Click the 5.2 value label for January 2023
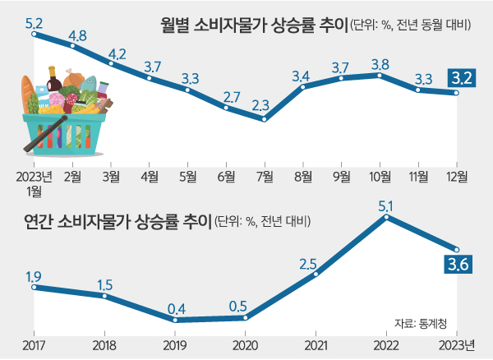pyautogui.click(x=35, y=24)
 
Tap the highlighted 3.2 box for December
pyautogui.click(x=459, y=79)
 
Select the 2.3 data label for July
pyautogui.click(x=262, y=105)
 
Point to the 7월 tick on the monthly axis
pyautogui.click(x=265, y=175)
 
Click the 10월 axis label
pyautogui.click(x=380, y=175)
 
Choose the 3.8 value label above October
pyautogui.click(x=380, y=62)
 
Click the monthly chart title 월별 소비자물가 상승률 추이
pyautogui.click(x=254, y=24)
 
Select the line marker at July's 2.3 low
pyautogui.click(x=264, y=119)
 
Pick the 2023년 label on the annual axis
pyautogui.click(x=458, y=343)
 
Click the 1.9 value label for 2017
pyautogui.click(x=34, y=275)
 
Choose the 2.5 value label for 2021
pyautogui.click(x=308, y=264)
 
